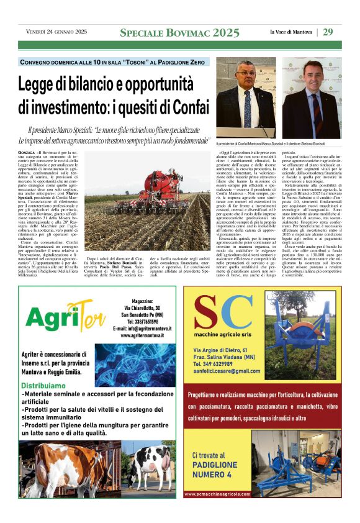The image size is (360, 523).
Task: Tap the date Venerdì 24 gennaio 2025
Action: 56,32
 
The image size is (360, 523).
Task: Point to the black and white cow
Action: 152,466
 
